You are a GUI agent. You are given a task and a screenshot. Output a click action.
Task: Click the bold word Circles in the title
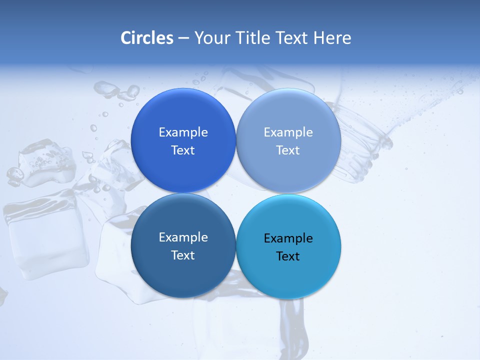pyautogui.click(x=146, y=38)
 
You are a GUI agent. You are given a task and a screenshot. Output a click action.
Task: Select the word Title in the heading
pyautogui.click(x=254, y=38)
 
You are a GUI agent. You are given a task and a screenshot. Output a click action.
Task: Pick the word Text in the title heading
pyautogui.click(x=292, y=38)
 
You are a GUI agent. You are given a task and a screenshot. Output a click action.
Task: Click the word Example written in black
pyautogui.click(x=288, y=238)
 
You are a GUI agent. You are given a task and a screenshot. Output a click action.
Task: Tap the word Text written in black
pyautogui.click(x=288, y=256)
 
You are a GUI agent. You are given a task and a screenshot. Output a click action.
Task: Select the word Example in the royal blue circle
pyautogui.click(x=183, y=132)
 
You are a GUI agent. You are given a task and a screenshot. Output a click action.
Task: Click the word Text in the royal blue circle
pyautogui.click(x=183, y=150)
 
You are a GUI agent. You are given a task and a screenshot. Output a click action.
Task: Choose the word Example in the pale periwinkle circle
pyautogui.click(x=288, y=132)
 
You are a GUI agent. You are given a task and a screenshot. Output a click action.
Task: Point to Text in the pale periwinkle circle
pyautogui.click(x=288, y=150)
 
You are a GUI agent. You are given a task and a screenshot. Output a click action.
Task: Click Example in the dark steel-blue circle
pyautogui.click(x=183, y=237)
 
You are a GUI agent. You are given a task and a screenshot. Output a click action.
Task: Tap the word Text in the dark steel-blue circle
pyautogui.click(x=183, y=255)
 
